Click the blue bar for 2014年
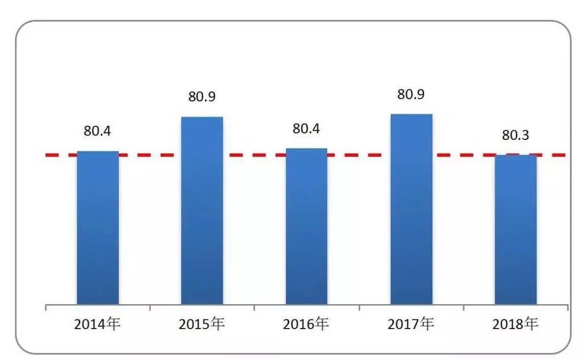[98, 228]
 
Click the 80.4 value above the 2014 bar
[97, 131]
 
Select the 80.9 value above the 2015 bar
[202, 97]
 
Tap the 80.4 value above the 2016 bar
[307, 129]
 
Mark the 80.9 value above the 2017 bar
[411, 94]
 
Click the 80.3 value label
[515, 136]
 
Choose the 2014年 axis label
[97, 325]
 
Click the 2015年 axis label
[202, 325]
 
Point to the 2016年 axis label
[307, 325]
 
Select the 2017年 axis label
[411, 325]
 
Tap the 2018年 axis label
[515, 325]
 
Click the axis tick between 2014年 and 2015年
[150, 308]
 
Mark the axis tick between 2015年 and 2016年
[254, 308]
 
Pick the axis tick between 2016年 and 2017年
[359, 308]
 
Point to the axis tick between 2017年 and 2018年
[463, 308]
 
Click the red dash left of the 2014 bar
[57, 156]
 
